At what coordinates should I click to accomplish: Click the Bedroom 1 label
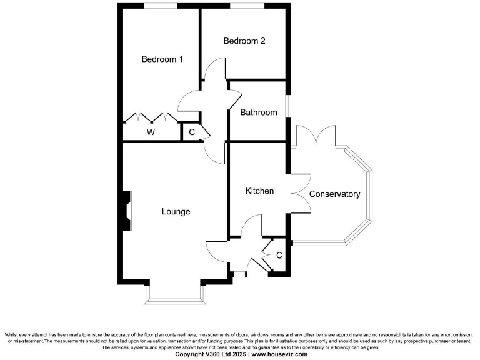click(x=162, y=60)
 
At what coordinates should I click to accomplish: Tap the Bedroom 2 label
click(x=244, y=41)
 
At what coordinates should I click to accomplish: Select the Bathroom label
click(x=259, y=112)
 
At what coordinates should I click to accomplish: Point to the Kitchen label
click(x=259, y=191)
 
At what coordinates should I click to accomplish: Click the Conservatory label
click(x=335, y=194)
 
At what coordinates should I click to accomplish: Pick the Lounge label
click(x=176, y=212)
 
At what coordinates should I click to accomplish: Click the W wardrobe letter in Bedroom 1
click(x=151, y=132)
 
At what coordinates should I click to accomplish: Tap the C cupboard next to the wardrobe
click(x=192, y=132)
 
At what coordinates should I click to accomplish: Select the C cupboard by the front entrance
click(x=279, y=256)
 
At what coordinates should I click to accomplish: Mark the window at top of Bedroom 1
click(x=160, y=6)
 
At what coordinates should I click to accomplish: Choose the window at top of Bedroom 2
click(x=246, y=6)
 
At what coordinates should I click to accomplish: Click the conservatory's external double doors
click(x=316, y=135)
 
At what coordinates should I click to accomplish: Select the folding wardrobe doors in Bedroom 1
click(x=151, y=117)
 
